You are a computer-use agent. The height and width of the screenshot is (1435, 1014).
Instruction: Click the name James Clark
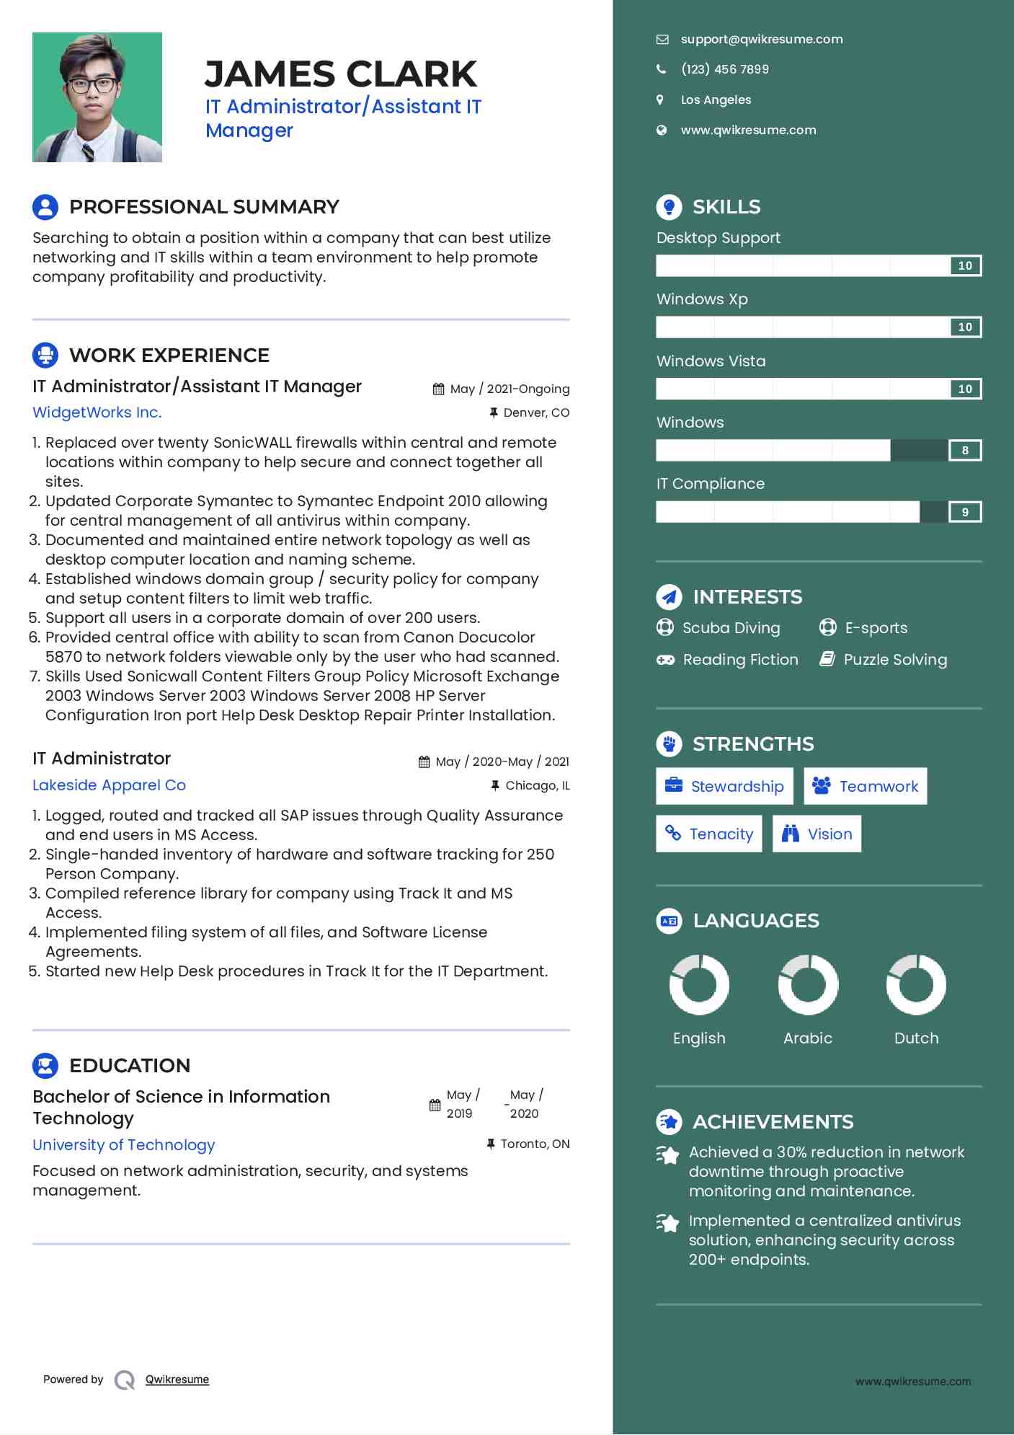point(340,74)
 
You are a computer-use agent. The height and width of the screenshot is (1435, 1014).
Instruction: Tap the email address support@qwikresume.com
point(761,40)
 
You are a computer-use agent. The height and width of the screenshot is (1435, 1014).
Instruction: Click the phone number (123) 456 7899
point(724,69)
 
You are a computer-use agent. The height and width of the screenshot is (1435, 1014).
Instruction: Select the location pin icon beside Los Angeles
point(660,100)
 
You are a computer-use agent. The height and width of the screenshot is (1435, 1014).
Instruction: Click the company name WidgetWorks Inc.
point(97,412)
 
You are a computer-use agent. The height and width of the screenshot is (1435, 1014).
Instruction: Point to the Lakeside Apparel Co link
point(109,785)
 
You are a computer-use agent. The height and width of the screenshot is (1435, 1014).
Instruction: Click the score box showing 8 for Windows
point(965,451)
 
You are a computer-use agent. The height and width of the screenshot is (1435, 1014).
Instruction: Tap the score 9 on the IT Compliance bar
point(965,512)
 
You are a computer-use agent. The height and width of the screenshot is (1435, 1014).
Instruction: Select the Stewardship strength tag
point(724,786)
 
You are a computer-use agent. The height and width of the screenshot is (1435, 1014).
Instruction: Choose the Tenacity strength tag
point(709,834)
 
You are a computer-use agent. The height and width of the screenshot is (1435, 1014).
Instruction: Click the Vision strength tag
point(817,834)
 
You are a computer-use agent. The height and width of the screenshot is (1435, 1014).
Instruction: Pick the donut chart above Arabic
point(808,984)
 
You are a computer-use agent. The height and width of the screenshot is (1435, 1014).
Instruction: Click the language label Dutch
point(916,1038)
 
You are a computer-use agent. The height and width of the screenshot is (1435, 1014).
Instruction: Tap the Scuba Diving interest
point(730,628)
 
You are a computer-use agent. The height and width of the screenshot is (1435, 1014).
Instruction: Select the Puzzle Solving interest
point(894,660)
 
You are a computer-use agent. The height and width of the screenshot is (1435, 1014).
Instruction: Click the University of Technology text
point(123,1145)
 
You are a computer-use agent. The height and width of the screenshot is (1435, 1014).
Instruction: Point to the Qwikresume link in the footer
point(177,1379)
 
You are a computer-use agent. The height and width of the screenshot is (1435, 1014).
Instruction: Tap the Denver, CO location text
point(535,412)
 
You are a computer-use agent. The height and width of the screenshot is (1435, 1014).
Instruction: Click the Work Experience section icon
point(45,355)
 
